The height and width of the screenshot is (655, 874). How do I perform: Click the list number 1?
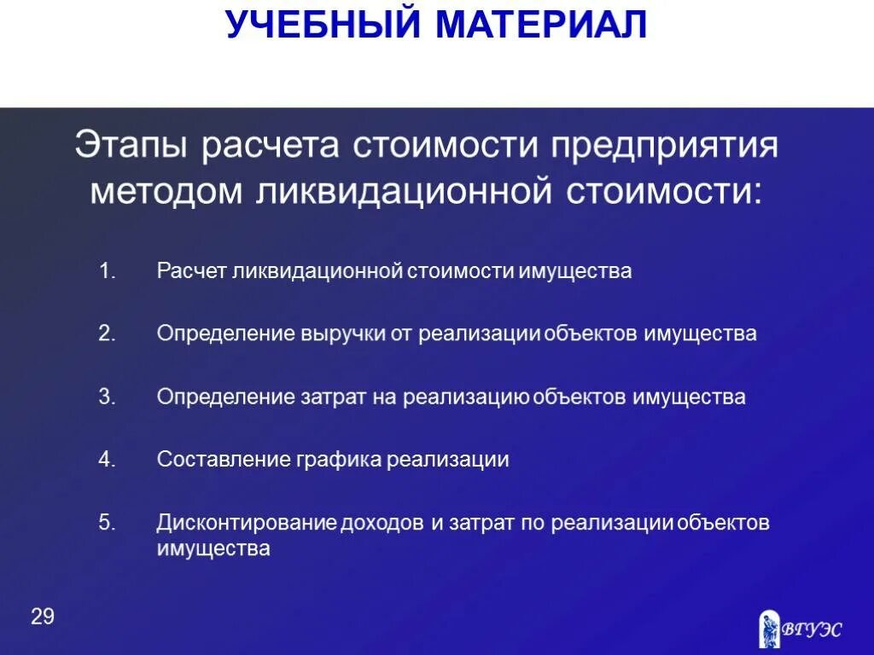pyautogui.click(x=106, y=272)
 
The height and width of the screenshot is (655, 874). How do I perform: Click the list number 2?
pyautogui.click(x=106, y=334)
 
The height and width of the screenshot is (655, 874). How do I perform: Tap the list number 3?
pyautogui.click(x=106, y=397)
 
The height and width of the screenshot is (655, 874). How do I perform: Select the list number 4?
pyautogui.click(x=106, y=460)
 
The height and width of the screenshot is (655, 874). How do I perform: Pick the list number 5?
pyautogui.click(x=106, y=523)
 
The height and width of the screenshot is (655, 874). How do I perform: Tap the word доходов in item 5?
pyautogui.click(x=382, y=523)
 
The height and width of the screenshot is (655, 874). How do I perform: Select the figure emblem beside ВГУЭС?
pyautogui.click(x=769, y=629)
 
